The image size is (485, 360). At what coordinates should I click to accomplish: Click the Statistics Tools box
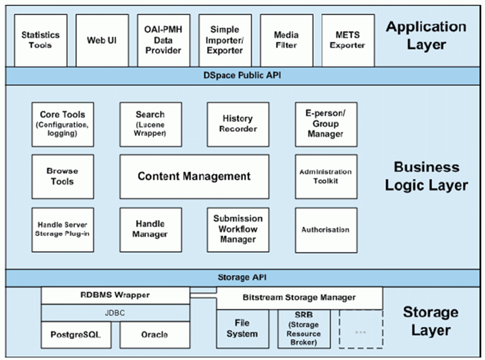(40, 40)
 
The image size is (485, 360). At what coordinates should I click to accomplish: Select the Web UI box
(102, 40)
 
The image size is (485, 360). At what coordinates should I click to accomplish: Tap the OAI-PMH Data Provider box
(164, 40)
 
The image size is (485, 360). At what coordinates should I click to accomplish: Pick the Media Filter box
(287, 40)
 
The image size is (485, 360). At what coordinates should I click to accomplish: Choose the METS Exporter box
(348, 40)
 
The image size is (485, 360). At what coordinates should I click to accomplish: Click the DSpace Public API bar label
(242, 76)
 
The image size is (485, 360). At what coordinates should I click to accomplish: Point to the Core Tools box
(62, 124)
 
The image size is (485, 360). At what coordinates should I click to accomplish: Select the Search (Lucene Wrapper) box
(151, 124)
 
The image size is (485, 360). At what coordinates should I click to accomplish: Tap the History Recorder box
(238, 124)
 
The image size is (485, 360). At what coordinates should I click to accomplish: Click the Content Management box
(194, 176)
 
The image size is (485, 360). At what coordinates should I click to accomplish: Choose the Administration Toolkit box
(326, 176)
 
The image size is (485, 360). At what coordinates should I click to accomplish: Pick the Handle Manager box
(151, 229)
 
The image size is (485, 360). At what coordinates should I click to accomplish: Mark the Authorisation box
(326, 230)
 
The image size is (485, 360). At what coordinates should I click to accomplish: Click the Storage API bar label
(242, 277)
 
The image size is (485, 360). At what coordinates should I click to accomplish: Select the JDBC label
(115, 313)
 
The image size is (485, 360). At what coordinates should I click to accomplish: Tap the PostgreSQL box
(76, 335)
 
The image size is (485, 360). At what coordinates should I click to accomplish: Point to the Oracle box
(155, 335)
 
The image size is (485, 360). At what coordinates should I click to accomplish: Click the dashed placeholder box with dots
(361, 329)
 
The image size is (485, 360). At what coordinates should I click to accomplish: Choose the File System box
(243, 329)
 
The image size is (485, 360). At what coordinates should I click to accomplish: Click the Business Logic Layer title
(426, 176)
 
